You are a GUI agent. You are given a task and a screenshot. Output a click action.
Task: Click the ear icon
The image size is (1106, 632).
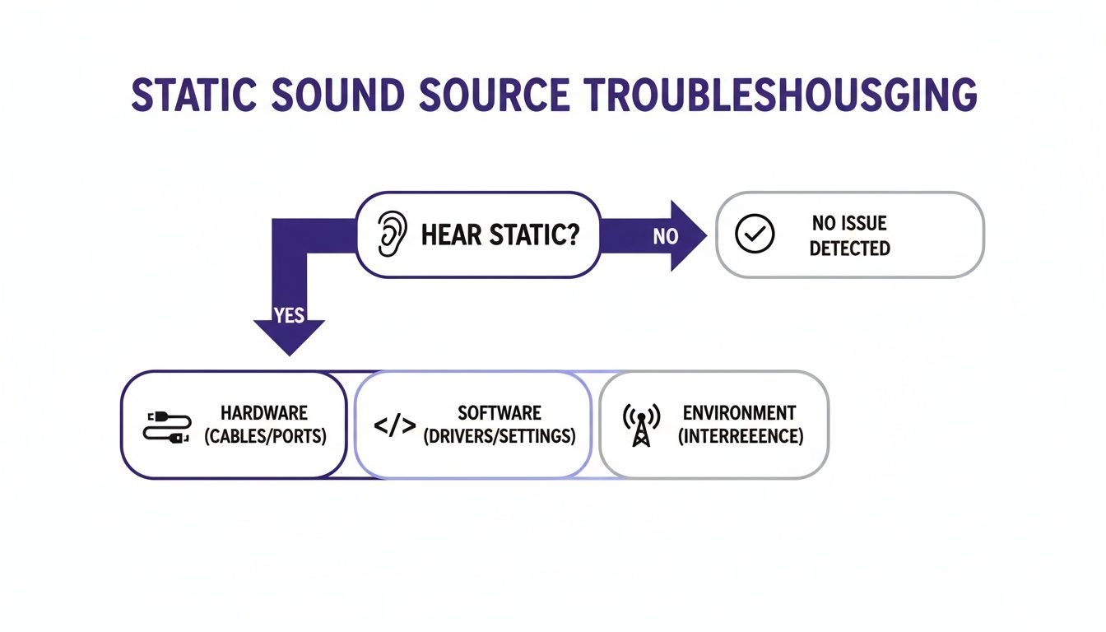[392, 235]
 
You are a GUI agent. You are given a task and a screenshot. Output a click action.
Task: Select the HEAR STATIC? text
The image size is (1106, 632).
[500, 235]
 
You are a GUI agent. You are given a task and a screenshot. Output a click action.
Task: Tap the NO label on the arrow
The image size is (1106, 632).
[665, 237]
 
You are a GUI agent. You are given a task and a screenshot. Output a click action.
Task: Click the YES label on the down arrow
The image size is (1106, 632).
[289, 315]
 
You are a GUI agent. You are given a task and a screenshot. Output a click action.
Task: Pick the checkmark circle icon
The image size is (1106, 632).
[754, 235]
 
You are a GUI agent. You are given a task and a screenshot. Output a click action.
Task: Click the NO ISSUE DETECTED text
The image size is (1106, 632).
[849, 235]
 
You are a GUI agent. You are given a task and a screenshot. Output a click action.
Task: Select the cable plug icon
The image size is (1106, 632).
[167, 425]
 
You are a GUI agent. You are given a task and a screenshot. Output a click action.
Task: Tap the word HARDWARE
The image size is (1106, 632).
[264, 413]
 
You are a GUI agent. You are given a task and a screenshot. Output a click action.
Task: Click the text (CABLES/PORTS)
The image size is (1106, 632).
[264, 436]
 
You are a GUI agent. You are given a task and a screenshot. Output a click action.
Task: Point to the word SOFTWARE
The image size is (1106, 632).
[500, 413]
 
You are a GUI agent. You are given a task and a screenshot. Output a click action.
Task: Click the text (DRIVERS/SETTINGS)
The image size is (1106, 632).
[500, 436]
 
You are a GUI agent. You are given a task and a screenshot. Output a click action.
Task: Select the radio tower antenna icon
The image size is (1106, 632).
[640, 425]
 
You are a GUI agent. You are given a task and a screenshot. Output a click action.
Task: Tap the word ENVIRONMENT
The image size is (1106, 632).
[739, 413]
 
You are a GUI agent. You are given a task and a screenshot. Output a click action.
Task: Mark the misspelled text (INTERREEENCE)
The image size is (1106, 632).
[739, 436]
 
